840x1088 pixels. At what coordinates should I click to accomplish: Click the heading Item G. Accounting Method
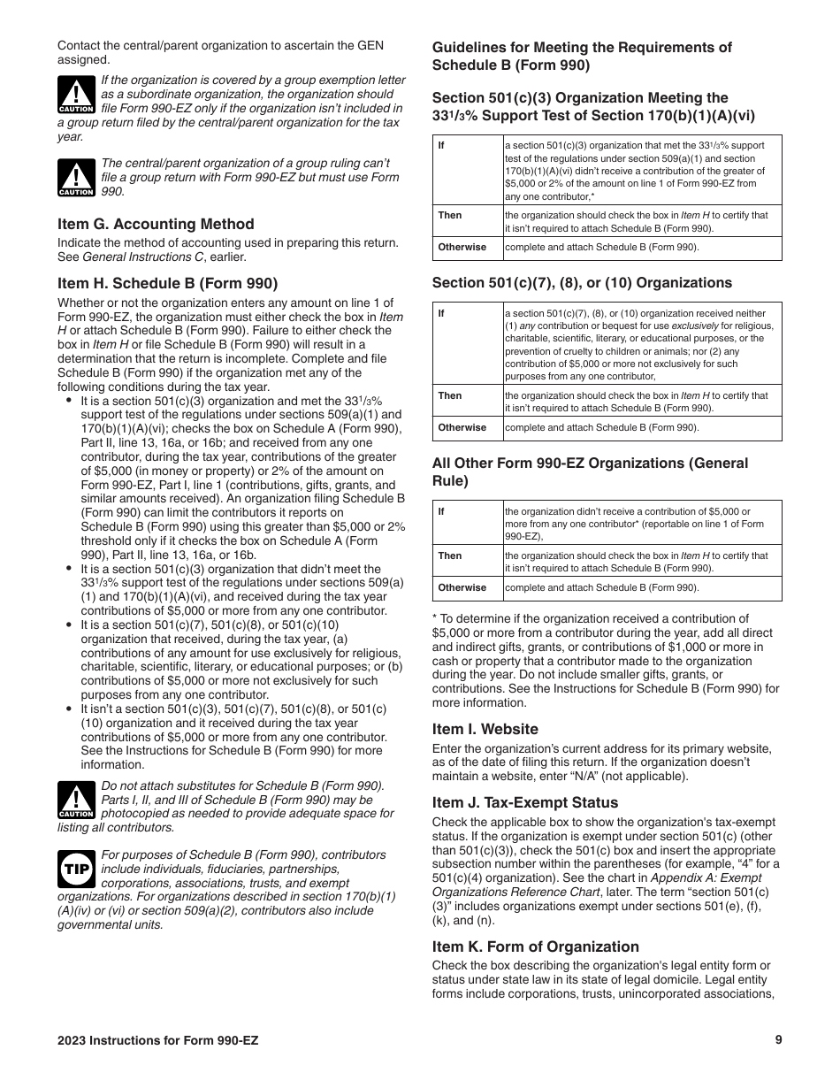point(156,225)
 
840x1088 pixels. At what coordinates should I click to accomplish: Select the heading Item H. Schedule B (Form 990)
point(167,284)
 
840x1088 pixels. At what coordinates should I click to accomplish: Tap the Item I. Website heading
point(485,729)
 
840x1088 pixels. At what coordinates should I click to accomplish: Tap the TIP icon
point(75,868)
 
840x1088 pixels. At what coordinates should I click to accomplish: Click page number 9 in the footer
point(778,1040)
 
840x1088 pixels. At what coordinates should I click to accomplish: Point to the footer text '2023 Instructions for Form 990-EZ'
point(158,1041)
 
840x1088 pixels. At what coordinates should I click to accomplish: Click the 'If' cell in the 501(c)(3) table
point(441,145)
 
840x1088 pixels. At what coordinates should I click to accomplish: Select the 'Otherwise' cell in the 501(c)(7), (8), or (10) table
point(462,428)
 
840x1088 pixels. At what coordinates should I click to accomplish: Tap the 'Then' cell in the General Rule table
point(449,556)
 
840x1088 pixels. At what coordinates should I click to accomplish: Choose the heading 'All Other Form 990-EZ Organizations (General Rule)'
point(590,471)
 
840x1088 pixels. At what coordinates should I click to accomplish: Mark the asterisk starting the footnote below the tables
point(435,619)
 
